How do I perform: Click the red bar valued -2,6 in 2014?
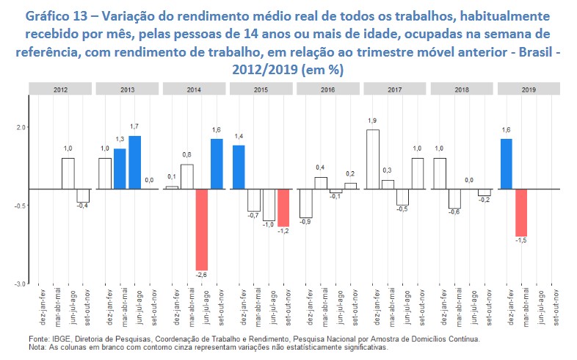coord(201,229)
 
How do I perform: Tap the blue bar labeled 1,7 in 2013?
coord(135,162)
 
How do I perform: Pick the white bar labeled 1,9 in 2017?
coord(372,159)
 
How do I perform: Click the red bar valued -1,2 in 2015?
coord(283,207)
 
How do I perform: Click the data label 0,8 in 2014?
coord(186,155)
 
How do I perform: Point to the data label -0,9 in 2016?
coord(305,221)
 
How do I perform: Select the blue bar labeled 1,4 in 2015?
coord(239,167)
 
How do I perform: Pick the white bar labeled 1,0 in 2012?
coord(68,173)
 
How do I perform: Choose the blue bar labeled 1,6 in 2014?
coord(216,164)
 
